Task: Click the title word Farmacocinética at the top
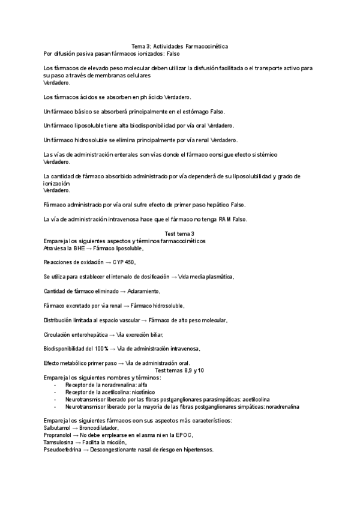206,46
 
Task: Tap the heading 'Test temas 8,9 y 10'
179,370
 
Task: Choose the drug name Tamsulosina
59,442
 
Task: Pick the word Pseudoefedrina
63,450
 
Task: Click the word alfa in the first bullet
142,385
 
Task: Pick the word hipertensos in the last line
197,450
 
